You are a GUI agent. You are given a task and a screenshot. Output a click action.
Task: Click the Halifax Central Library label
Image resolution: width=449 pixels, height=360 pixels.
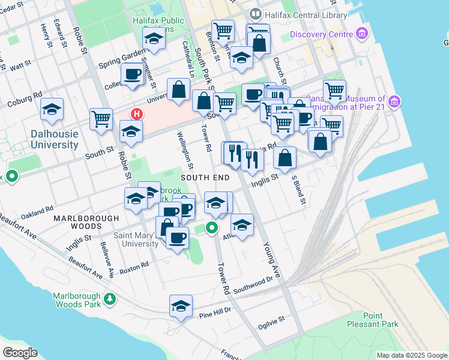[x=305, y=15]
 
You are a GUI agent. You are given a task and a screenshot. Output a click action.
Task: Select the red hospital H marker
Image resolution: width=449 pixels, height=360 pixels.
[x=137, y=113]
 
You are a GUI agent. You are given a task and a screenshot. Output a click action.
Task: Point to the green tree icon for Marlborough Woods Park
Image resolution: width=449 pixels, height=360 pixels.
[x=109, y=298]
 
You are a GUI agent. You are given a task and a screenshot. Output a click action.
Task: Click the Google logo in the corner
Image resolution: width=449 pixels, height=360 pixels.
[x=20, y=353]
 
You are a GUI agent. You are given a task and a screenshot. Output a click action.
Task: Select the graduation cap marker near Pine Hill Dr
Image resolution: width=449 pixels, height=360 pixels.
[x=181, y=306]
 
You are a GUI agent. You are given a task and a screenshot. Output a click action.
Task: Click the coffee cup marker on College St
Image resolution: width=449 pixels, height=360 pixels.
[x=133, y=74]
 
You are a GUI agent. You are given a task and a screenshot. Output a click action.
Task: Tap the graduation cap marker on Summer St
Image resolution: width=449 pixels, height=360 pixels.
[x=154, y=39]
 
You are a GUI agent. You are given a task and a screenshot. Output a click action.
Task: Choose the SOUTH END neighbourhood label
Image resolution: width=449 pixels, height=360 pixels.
[x=205, y=178]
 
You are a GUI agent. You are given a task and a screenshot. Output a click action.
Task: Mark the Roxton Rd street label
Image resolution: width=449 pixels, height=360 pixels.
[x=134, y=267]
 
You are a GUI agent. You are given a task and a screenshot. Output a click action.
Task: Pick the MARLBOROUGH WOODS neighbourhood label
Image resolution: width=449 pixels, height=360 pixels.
[x=77, y=222]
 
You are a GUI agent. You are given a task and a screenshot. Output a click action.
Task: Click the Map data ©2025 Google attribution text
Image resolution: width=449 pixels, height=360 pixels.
[x=411, y=355]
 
